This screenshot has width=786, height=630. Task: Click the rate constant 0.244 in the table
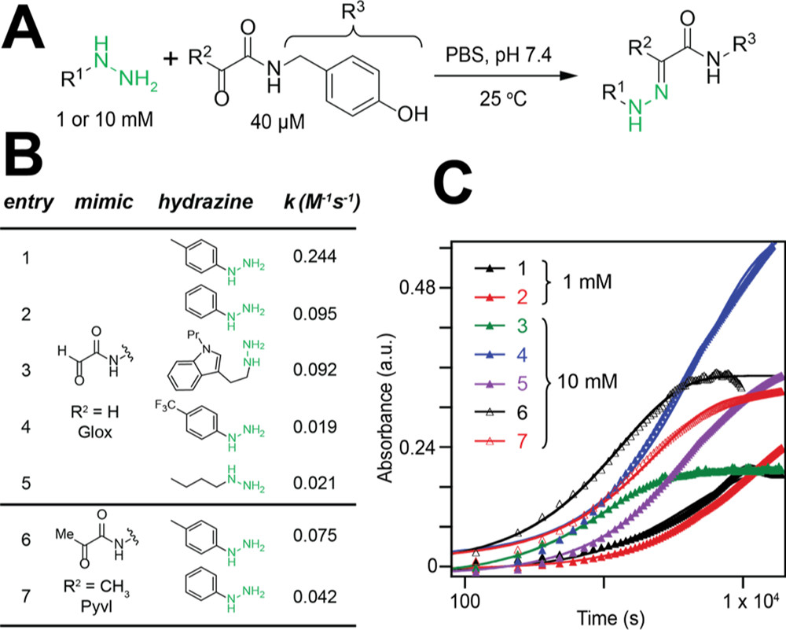point(315,257)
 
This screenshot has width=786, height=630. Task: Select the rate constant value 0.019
point(315,427)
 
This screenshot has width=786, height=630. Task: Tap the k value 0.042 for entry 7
point(315,597)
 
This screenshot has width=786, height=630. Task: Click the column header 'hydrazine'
point(205,201)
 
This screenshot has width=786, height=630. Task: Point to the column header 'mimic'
point(104,201)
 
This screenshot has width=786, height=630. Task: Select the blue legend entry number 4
point(521,355)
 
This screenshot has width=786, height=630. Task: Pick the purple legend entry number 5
point(521,384)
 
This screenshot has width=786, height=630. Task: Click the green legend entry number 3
point(521,326)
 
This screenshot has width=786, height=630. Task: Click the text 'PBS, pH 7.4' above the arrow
point(499,54)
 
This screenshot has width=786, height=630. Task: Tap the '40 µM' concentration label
point(277,122)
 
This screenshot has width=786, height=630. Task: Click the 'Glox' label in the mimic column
point(95,431)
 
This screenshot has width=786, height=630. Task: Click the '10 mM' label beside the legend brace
point(587,381)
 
